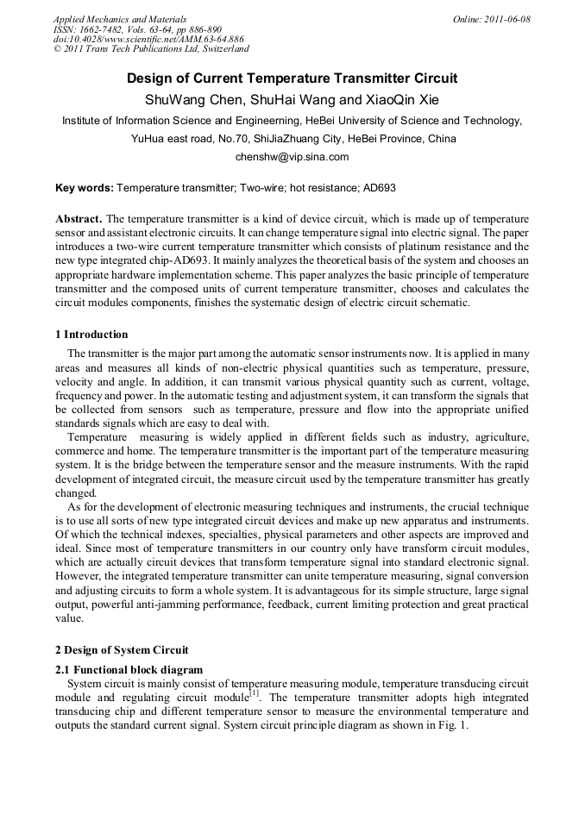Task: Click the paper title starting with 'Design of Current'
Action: (x=292, y=78)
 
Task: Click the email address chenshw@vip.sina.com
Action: (x=292, y=157)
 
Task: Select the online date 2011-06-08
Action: (x=506, y=19)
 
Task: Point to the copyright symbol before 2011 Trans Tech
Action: (x=58, y=49)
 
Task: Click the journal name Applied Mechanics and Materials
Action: (x=120, y=19)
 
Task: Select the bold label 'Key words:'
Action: (x=84, y=187)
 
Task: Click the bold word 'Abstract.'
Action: (x=79, y=219)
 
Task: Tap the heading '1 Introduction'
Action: (x=91, y=335)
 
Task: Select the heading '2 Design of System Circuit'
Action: (x=122, y=649)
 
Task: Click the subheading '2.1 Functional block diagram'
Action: (x=129, y=669)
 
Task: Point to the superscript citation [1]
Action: (x=254, y=693)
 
